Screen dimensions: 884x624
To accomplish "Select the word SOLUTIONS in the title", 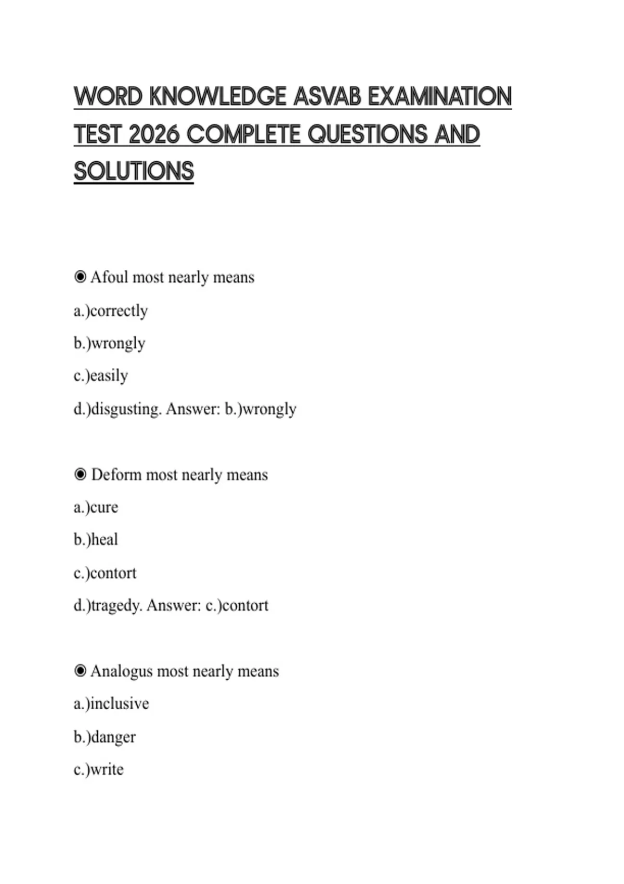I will (x=134, y=172).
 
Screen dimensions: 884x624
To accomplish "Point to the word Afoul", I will (x=109, y=277).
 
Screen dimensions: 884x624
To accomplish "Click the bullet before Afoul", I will (x=80, y=277).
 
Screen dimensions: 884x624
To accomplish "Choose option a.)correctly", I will (x=111, y=310).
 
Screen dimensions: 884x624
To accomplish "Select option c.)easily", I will (x=101, y=375).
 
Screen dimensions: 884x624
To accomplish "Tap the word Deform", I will (x=116, y=475).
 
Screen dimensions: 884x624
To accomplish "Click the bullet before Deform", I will (x=80, y=475).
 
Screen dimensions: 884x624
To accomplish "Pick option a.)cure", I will (x=96, y=507).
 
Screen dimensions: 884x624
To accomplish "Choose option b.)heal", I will (x=96, y=540).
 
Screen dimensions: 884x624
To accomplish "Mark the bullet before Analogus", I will (x=80, y=671).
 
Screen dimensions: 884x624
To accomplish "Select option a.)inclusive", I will (x=111, y=704).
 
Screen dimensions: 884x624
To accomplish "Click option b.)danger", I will (x=105, y=737).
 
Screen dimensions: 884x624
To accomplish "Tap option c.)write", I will (x=99, y=770).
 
